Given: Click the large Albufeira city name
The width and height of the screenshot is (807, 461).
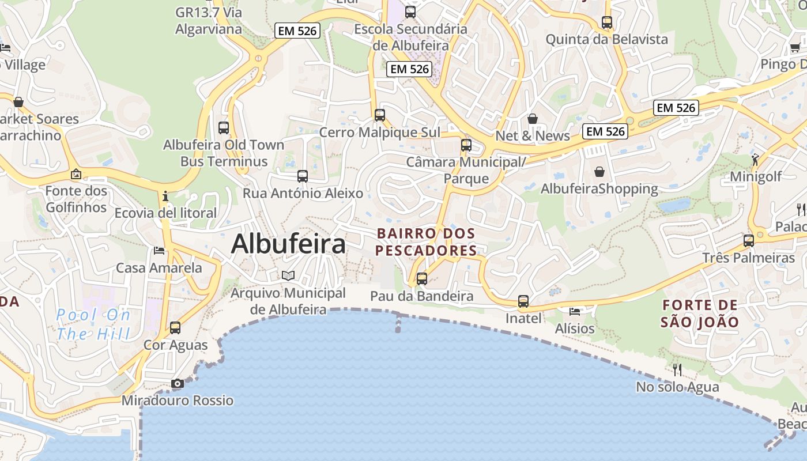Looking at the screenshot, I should coord(288,244).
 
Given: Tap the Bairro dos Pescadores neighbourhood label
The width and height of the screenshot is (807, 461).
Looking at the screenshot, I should coord(426,242).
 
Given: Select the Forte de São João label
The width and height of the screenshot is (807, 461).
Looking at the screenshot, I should coord(699,313).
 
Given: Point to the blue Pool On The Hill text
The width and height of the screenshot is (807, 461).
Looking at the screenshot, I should coord(94,324).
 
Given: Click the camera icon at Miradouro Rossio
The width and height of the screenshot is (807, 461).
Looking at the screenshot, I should coord(178,384).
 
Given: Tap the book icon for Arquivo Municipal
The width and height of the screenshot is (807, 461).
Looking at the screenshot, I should coord(288,275).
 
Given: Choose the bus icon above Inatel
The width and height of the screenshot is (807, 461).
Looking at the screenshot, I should coord(523,301).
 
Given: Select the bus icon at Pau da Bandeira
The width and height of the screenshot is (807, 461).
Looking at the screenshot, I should coord(422,279).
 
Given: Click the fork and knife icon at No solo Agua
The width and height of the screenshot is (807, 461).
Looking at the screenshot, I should coord(677,369).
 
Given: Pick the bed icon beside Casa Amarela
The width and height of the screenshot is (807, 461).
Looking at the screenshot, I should coord(159,251).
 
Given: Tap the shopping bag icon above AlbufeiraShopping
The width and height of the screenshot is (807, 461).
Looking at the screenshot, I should coord(599,172).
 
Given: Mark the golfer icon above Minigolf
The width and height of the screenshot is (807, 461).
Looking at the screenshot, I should coord(755,160).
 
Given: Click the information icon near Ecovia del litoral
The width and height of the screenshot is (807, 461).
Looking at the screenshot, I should coord(165,196).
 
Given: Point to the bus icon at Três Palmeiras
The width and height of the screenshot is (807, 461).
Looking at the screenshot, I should coord(749,241).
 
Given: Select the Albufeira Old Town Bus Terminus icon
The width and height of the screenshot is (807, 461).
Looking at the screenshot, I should coord(224,128).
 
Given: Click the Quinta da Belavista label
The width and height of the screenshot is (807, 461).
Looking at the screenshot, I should coord(606,40).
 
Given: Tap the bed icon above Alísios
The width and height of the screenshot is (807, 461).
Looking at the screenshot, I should coord(575,312).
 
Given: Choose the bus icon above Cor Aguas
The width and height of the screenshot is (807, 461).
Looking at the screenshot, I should coord(175,328).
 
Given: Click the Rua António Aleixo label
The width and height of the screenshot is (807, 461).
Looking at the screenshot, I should coord(303,193).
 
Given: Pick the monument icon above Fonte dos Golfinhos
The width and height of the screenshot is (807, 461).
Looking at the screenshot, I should coord(76,174).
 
